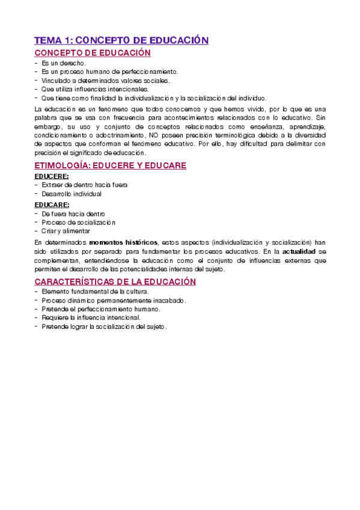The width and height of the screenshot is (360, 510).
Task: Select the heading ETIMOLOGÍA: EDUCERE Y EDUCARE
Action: [110, 165]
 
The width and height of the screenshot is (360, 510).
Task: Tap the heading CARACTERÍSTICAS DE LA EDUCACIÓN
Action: [115, 281]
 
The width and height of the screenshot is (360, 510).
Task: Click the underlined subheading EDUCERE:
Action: [52, 176]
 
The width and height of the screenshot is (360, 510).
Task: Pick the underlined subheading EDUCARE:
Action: [52, 204]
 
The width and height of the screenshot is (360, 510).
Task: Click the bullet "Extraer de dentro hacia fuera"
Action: [84, 185]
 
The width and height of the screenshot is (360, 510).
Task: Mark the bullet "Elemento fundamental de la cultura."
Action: [91, 292]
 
